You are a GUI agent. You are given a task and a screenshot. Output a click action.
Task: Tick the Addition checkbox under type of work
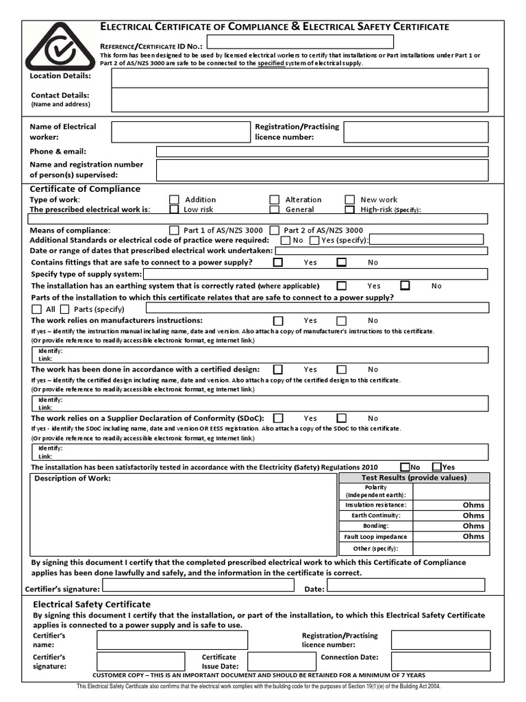174,199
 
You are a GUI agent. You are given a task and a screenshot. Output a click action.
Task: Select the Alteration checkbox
274,199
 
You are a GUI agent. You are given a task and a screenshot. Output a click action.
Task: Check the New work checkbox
349,199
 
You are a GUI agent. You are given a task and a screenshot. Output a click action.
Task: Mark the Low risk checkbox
174,209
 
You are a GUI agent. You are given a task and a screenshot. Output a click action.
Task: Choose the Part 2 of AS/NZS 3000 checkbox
274,230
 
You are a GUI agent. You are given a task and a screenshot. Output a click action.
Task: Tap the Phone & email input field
322,152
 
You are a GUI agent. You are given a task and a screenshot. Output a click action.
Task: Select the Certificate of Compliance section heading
85,189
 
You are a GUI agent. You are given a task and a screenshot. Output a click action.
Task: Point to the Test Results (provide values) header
414,478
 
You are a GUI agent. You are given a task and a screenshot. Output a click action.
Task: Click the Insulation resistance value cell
451,505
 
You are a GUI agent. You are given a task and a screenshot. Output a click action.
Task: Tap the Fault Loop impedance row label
375,537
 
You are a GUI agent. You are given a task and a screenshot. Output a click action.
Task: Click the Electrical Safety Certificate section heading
92,604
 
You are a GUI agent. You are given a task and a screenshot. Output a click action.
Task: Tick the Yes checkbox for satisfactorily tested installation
436,467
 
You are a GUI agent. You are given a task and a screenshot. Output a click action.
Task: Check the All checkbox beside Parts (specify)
37,309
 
